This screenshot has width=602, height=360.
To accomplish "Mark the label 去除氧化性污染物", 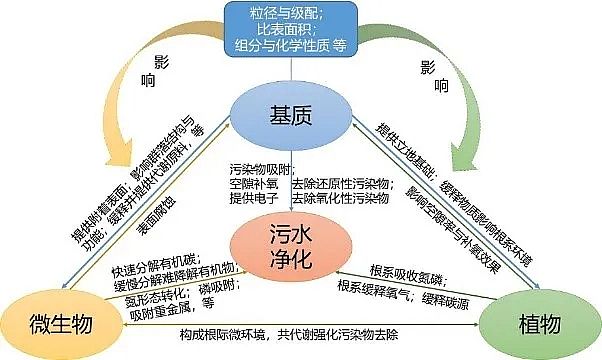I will (x=339, y=199).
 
